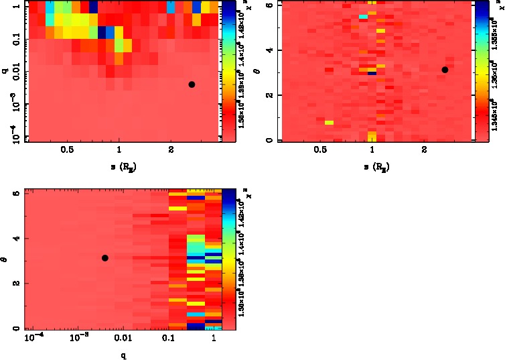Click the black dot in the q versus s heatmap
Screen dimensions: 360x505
(192, 84)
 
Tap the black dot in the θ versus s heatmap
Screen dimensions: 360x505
(445, 70)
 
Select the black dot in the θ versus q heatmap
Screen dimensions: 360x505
(104, 257)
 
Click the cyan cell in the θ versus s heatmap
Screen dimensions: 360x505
(363, 16)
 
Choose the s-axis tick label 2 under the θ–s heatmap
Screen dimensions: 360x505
(425, 151)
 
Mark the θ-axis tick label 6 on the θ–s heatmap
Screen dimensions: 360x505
(267, 5)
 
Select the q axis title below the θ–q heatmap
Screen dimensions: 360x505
(124, 355)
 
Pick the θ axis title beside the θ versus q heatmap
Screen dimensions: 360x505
(4, 257)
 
